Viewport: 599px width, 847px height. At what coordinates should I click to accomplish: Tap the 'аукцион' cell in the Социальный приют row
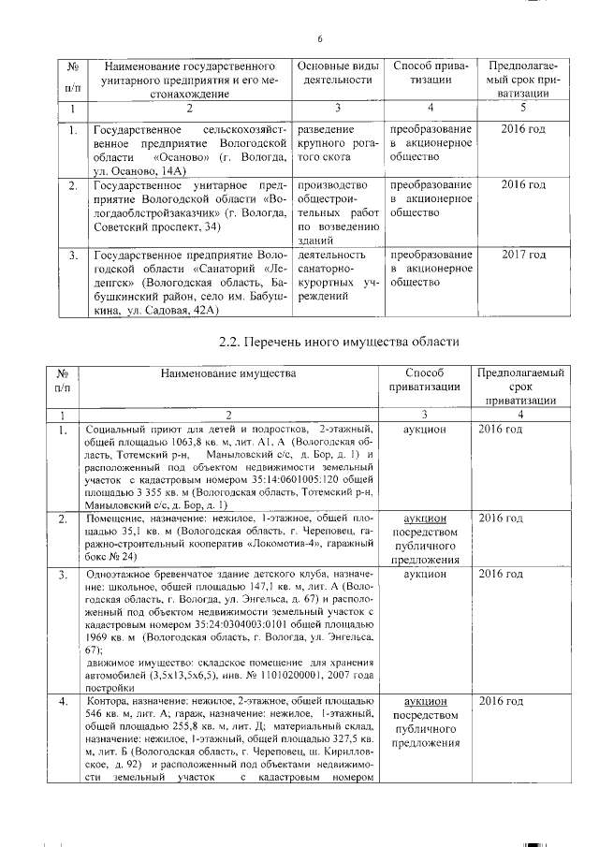[x=425, y=428]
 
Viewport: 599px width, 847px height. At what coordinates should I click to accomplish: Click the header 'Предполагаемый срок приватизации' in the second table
[x=520, y=386]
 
